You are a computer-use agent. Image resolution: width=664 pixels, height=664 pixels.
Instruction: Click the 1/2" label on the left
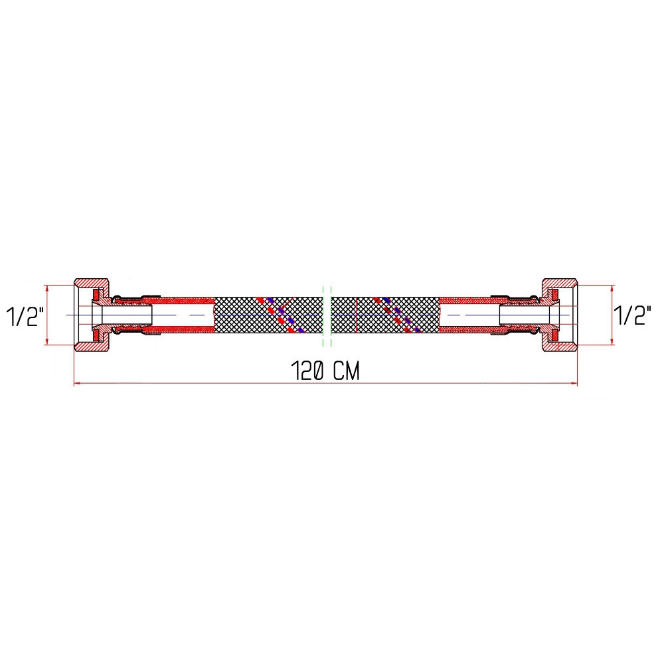25,316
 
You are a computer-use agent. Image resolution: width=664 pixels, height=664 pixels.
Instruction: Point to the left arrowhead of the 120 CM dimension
76,384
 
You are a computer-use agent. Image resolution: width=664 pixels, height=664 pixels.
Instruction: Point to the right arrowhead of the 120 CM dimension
574,384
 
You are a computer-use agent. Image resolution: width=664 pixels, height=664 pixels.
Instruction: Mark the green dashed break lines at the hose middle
326,315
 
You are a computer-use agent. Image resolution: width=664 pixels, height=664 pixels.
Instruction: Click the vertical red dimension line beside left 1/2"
47,315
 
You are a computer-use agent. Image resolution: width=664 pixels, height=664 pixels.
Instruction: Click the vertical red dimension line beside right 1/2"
610,315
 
